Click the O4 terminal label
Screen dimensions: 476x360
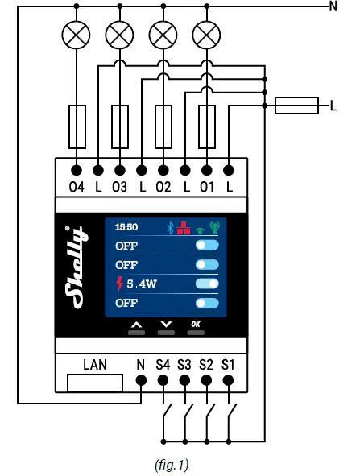(x=77, y=188)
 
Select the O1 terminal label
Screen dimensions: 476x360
(x=207, y=188)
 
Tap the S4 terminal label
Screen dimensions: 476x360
(x=163, y=364)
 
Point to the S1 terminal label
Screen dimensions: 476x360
(x=229, y=364)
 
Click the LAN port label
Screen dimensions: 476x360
(x=95, y=364)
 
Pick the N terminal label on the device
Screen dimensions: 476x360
(x=140, y=364)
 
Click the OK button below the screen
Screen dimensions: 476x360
(x=196, y=324)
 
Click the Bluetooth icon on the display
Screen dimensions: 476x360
(x=170, y=228)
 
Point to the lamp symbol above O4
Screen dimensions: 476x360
(x=77, y=35)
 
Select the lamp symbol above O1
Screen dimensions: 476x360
(x=207, y=35)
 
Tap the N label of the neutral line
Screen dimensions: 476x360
(x=333, y=7)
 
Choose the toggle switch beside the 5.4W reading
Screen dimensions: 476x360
(x=207, y=284)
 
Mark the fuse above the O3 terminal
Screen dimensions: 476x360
(x=120, y=126)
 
